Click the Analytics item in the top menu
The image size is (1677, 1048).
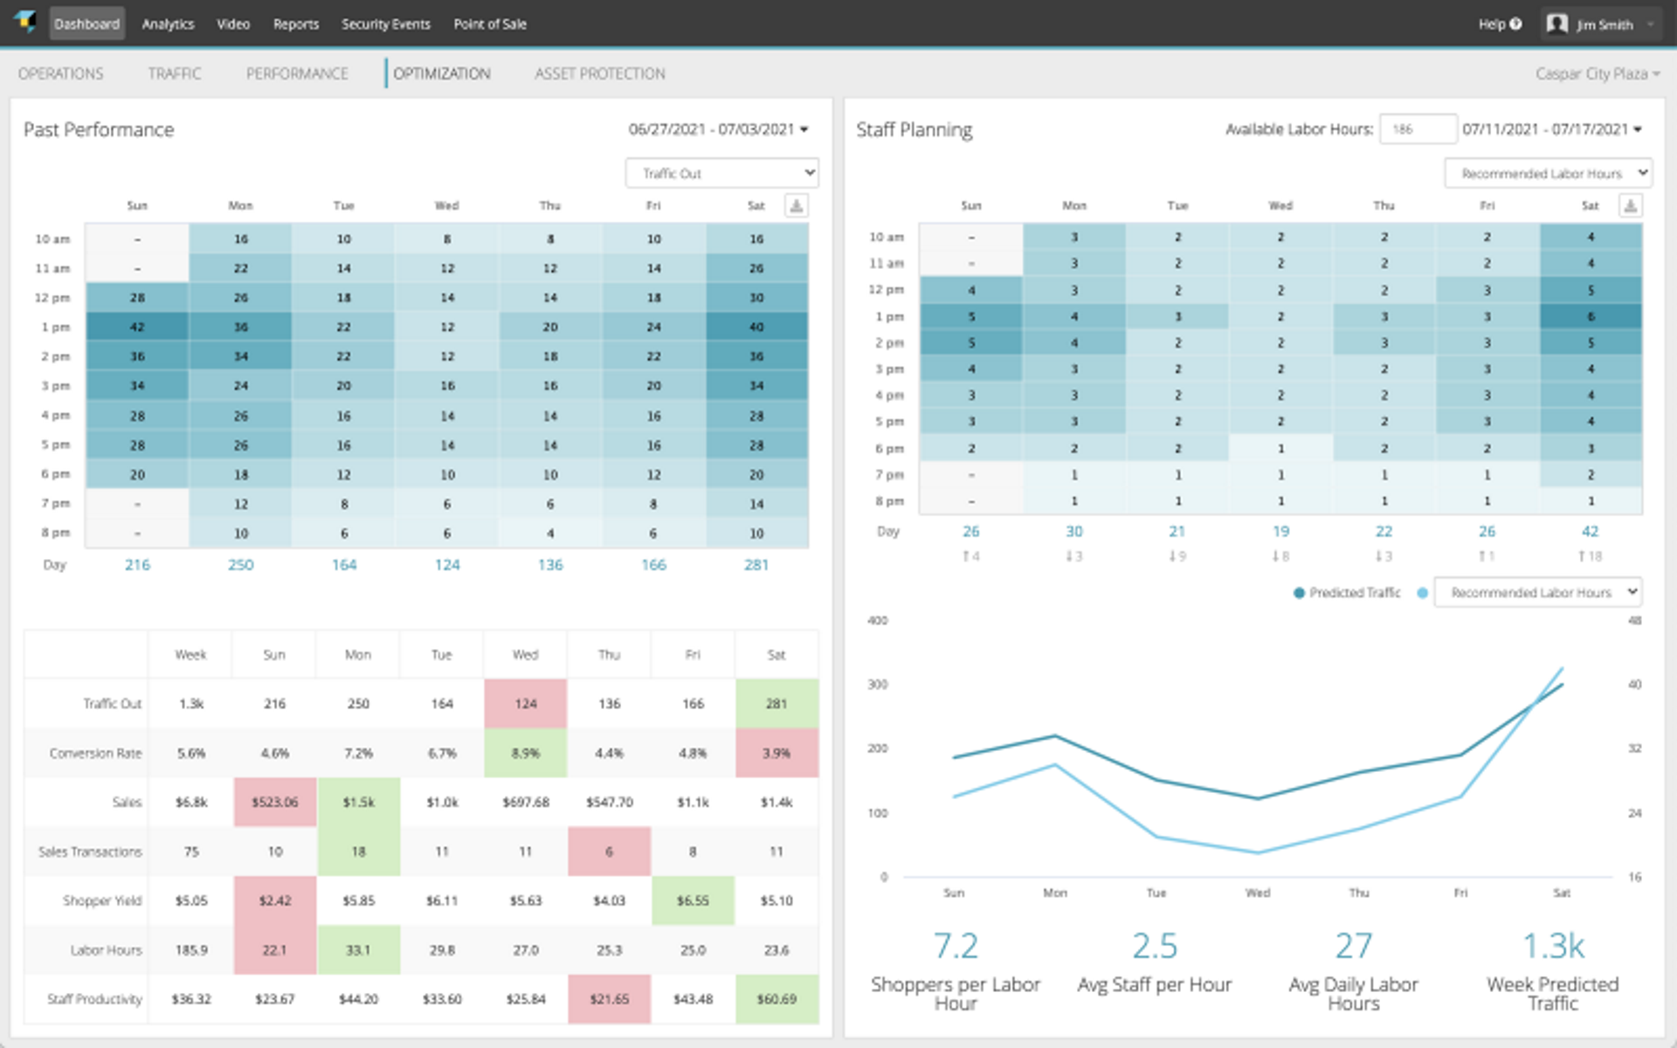(x=168, y=24)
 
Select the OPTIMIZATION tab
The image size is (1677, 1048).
(x=441, y=74)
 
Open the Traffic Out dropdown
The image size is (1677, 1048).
(x=721, y=173)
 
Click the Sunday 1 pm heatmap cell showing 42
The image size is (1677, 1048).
(x=137, y=327)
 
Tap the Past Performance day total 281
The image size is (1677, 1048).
(x=756, y=565)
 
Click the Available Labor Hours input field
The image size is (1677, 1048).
(x=1418, y=129)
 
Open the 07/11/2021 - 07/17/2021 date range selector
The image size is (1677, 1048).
(x=1551, y=129)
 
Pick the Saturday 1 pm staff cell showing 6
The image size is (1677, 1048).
(x=1591, y=316)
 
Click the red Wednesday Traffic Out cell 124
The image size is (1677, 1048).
(x=525, y=704)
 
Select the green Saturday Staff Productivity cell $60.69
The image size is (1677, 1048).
(x=776, y=999)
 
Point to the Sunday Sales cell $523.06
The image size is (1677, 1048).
(x=274, y=802)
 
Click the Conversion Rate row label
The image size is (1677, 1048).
(x=95, y=753)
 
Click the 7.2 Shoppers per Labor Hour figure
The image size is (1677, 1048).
(x=956, y=946)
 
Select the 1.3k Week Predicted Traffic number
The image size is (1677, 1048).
(x=1553, y=946)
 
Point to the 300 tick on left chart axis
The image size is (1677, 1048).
(x=877, y=685)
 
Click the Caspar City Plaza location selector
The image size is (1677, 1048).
(x=1597, y=74)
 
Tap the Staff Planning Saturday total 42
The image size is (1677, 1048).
(x=1590, y=531)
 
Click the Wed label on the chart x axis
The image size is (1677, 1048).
(x=1258, y=893)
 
